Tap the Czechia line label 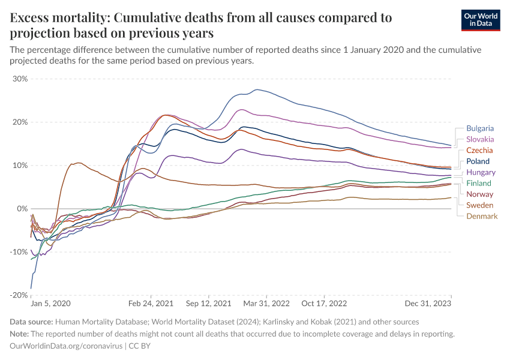click(479, 150)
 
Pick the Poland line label click(478, 161)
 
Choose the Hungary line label click(481, 172)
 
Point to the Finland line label click(479, 183)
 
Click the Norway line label click(480, 194)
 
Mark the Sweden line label click(480, 205)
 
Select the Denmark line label click(482, 216)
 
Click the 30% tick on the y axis click(20, 79)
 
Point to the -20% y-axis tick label click(19, 295)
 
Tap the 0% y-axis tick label click(23, 209)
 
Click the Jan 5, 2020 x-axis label click(51, 305)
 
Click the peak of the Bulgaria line click(257, 90)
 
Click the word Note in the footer click(20, 334)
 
